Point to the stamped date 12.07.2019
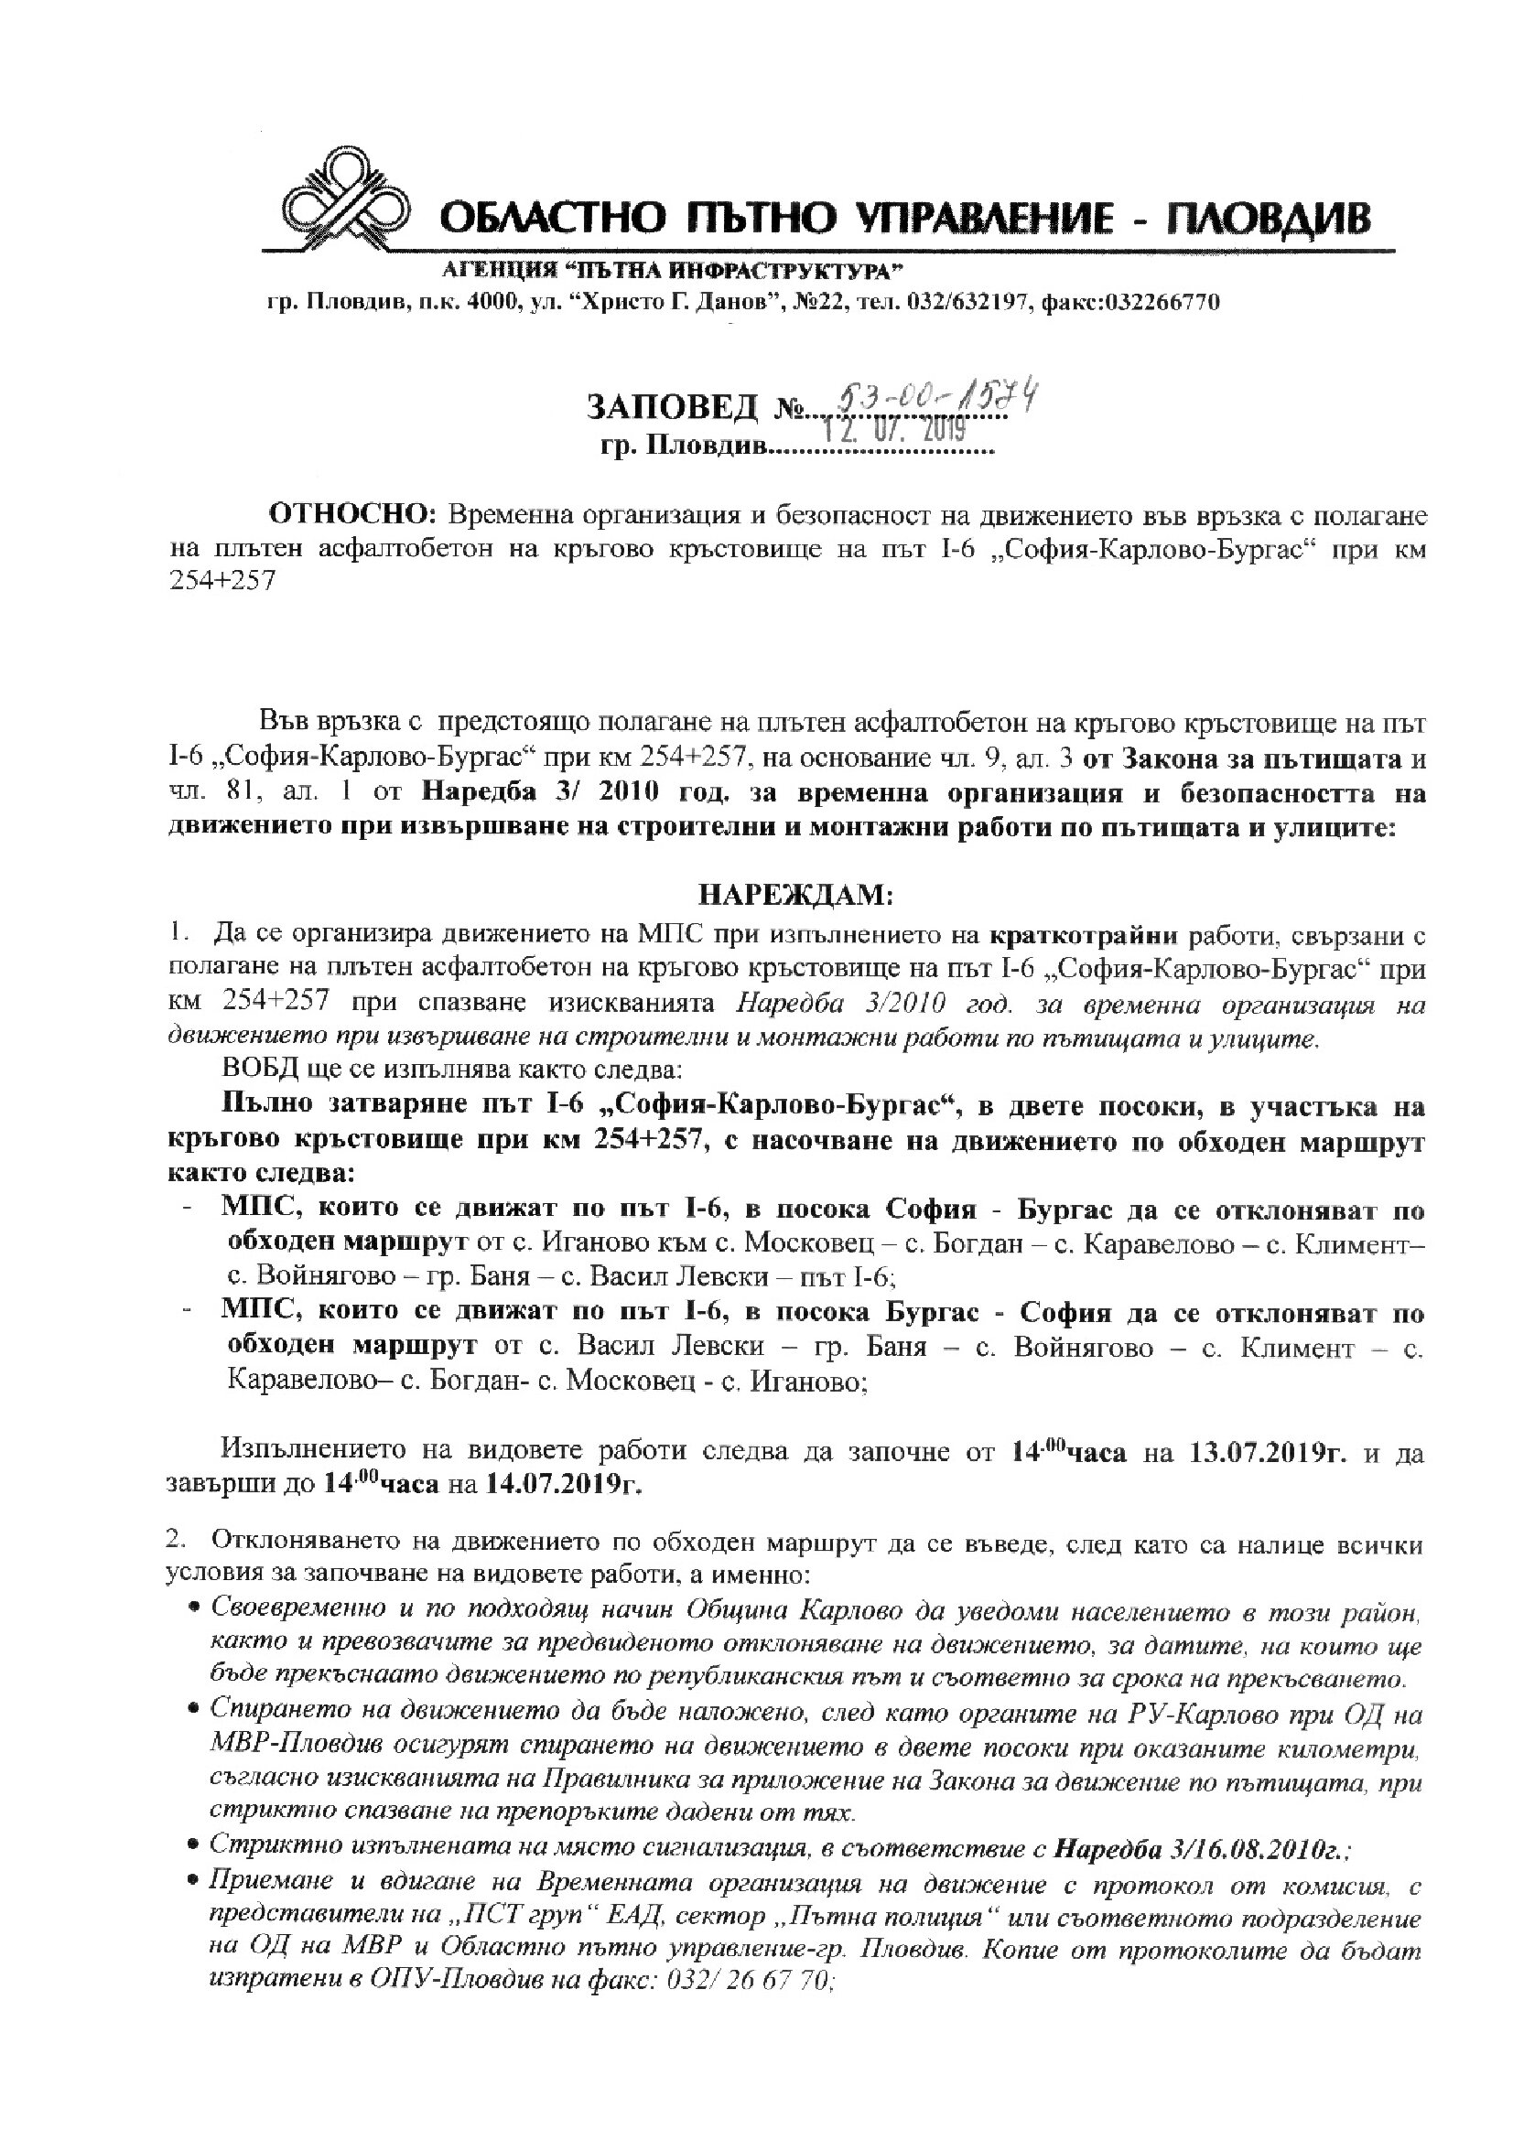tap(895, 429)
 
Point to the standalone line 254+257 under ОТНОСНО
tap(222, 580)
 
